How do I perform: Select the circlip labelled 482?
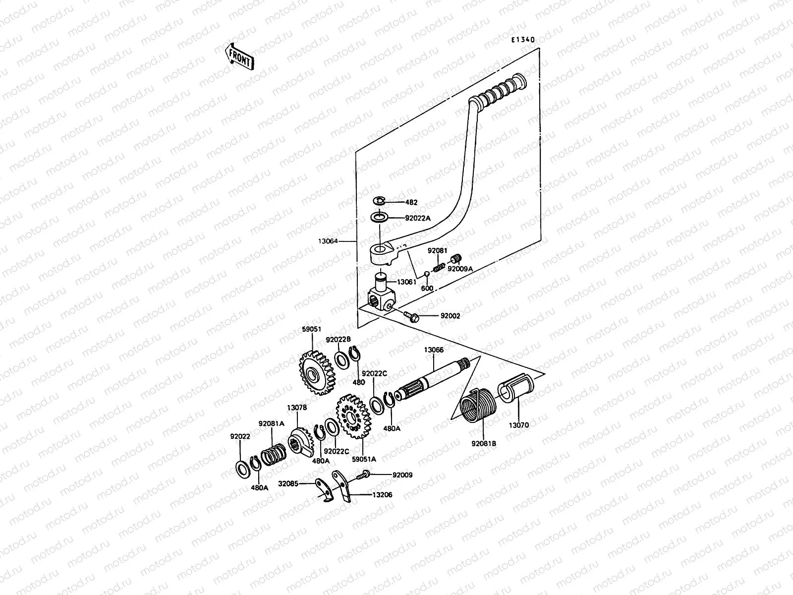tap(379, 200)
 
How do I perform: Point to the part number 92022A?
tap(418, 217)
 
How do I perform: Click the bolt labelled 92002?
tap(411, 315)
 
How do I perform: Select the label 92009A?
tap(460, 269)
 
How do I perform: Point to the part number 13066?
tap(433, 350)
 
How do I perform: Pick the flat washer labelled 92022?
tap(242, 468)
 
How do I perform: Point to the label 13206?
tap(382, 494)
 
